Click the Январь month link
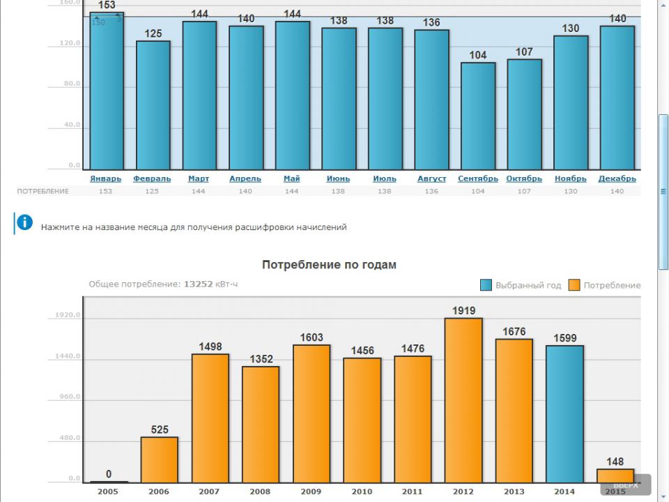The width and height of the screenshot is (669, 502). pyautogui.click(x=106, y=178)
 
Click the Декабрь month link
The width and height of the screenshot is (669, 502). pyautogui.click(x=617, y=178)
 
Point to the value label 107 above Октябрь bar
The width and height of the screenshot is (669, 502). pyautogui.click(x=524, y=52)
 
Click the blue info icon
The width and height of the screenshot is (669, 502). pyautogui.click(x=24, y=222)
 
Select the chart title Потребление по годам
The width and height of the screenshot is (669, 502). pyautogui.click(x=329, y=265)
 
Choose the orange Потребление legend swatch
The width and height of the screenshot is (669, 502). pyautogui.click(x=574, y=285)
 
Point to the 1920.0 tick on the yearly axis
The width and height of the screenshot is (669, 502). pyautogui.click(x=69, y=315)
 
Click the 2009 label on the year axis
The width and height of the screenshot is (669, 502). pyautogui.click(x=311, y=492)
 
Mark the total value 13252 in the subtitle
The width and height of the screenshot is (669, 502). pyautogui.click(x=198, y=284)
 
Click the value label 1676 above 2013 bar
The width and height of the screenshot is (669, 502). pyautogui.click(x=514, y=331)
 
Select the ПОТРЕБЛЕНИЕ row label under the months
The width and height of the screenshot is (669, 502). pyautogui.click(x=43, y=191)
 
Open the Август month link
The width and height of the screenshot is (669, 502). pyautogui.click(x=431, y=178)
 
